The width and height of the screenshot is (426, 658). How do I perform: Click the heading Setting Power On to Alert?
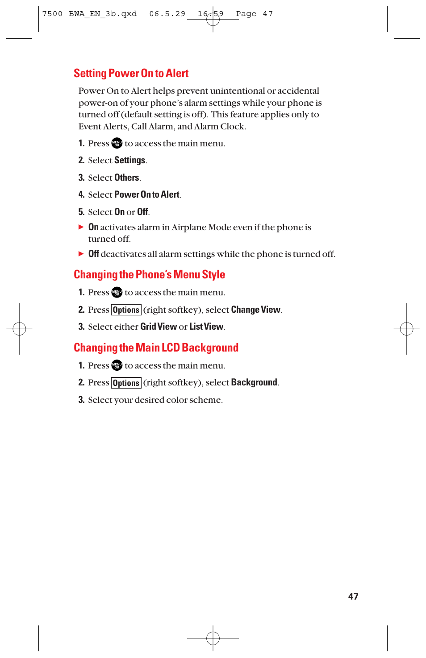[131, 74]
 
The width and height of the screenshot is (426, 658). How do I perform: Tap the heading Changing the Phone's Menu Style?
[149, 275]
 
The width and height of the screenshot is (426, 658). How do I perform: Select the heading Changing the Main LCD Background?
[156, 348]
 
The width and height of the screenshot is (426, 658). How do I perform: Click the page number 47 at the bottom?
[353, 596]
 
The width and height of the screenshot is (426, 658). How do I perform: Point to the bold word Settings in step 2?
[129, 161]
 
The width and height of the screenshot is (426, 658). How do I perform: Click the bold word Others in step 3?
[127, 178]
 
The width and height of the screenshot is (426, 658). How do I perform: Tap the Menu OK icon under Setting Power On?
[117, 143]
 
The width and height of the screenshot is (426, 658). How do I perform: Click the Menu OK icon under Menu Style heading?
[117, 293]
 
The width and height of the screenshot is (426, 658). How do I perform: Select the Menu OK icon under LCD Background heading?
[117, 365]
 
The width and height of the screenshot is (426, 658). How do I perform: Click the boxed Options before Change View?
[126, 310]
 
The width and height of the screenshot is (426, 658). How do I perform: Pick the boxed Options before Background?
[126, 383]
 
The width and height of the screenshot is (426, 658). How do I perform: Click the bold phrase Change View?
[255, 310]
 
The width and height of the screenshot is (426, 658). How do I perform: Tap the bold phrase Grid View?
[159, 327]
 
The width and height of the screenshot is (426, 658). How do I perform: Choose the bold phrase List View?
[206, 327]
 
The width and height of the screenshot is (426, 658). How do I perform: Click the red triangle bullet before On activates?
[81, 227]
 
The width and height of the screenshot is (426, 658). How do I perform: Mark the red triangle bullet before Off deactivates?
[81, 254]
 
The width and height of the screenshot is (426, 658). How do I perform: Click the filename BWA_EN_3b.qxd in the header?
[103, 14]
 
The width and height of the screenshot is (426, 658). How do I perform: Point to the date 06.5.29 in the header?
[167, 14]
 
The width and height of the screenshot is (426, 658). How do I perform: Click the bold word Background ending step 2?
[254, 382]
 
